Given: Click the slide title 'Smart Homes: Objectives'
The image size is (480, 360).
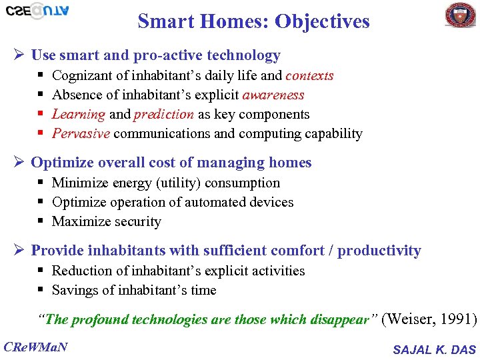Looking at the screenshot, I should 253,21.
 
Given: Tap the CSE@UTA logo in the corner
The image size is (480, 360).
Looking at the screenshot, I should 37,11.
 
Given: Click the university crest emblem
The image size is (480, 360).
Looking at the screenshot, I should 461,15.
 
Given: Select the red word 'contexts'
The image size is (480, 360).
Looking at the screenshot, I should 309,75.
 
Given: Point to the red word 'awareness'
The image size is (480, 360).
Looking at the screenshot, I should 273,95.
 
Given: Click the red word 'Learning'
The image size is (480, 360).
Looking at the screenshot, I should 78,114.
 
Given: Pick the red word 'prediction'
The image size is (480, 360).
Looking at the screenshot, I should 164,114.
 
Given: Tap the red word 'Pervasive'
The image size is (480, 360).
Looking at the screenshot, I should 81,133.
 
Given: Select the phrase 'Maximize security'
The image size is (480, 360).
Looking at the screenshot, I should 107,221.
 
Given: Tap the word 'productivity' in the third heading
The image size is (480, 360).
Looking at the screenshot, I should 379,251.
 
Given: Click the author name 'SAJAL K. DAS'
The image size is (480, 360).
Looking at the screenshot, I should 434,349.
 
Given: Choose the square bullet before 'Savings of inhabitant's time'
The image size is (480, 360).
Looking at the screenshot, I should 41,290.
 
